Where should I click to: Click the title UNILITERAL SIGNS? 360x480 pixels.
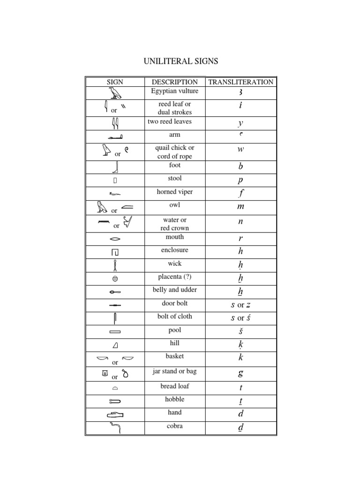[180, 61]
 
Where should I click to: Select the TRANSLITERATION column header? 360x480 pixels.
[240, 82]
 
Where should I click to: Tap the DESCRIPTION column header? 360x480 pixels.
[175, 82]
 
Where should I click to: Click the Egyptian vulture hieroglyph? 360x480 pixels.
[114, 93]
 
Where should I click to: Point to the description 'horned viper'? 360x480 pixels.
[175, 192]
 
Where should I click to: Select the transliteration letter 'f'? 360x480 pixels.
[240, 193]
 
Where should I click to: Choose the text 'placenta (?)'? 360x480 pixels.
[175, 277]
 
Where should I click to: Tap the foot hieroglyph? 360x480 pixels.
[115, 167]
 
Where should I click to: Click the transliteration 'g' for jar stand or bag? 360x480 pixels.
[240, 374]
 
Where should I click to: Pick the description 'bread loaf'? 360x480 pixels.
[175, 386]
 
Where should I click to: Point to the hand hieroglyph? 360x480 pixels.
[115, 414]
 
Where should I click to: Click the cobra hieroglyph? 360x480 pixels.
[115, 427]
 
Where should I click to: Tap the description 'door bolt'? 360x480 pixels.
[175, 303]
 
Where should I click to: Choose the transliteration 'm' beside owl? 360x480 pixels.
[240, 207]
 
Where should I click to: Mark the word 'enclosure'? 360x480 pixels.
[175, 250]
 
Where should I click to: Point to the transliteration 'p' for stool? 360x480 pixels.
[240, 180]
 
